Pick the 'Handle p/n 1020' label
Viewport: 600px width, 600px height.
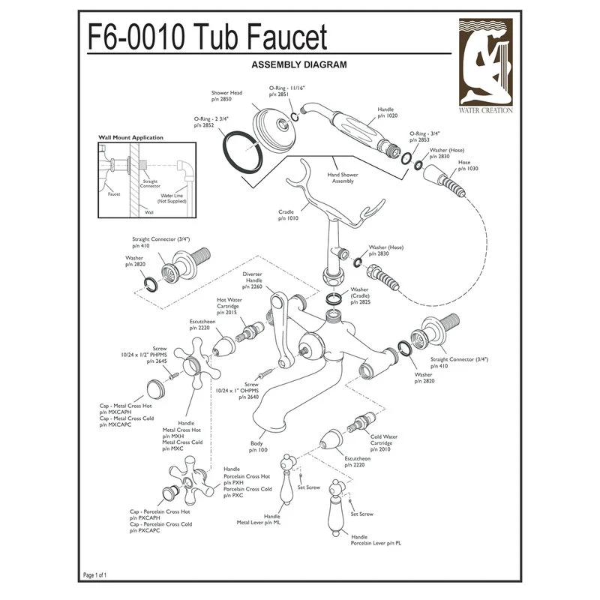pyautogui.click(x=388, y=113)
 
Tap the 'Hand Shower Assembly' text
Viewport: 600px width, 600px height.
pyautogui.click(x=343, y=178)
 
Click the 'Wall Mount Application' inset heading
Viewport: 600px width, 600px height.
pyautogui.click(x=131, y=138)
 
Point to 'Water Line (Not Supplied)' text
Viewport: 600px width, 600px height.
pyautogui.click(x=172, y=198)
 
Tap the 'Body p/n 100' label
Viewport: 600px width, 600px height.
pyautogui.click(x=258, y=448)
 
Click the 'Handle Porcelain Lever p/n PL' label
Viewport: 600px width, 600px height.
pyautogui.click(x=376, y=540)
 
